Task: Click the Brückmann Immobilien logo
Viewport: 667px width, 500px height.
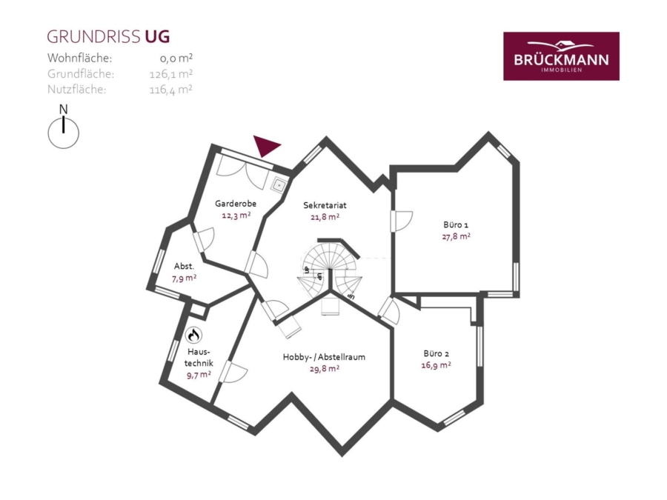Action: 561,56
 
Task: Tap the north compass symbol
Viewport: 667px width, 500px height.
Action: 64,127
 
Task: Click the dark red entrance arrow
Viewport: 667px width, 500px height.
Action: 266,146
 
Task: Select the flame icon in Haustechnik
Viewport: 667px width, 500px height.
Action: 193,335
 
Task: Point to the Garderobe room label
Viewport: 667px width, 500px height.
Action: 235,204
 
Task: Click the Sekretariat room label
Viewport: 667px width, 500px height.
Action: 325,205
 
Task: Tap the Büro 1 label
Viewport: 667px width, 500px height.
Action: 456,225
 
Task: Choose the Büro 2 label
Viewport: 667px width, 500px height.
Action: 436,353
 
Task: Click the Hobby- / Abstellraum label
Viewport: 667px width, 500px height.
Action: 324,357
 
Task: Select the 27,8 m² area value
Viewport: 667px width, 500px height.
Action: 456,236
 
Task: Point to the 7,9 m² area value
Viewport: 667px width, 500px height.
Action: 185,279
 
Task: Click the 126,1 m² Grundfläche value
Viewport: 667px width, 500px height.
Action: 171,74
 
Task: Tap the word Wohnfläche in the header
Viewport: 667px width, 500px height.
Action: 79,58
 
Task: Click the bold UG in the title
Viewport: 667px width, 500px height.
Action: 157,37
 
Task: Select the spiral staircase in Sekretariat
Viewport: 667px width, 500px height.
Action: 330,272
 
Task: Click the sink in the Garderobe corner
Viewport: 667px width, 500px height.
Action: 279,185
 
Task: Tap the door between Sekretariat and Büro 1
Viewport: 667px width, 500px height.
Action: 401,221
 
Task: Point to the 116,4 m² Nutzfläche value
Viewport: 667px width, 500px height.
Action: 170,90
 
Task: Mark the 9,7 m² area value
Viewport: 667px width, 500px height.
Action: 199,375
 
